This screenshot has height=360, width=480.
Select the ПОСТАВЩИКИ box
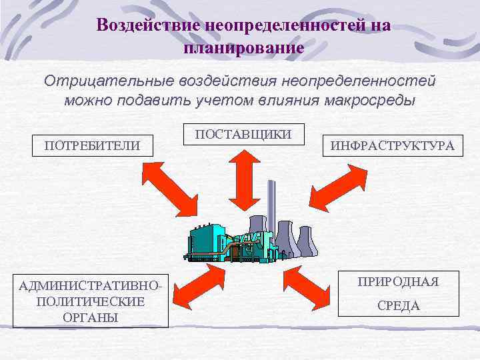pos(243,134)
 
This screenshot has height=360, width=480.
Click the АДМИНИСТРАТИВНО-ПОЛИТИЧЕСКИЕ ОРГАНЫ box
pos(91,301)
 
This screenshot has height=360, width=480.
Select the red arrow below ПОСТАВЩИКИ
pos(243,176)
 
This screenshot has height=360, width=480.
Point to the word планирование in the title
pos(243,48)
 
